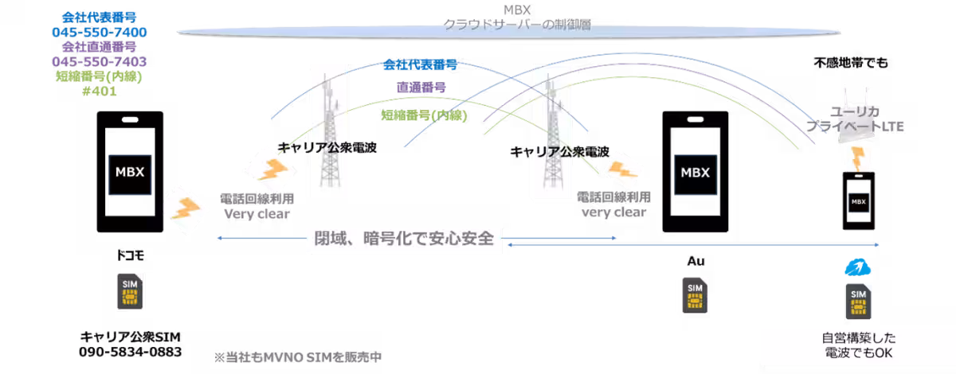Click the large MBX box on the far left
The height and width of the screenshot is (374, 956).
click(x=129, y=173)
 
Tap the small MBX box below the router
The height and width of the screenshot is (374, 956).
click(x=858, y=202)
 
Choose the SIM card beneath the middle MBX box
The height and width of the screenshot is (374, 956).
click(x=695, y=296)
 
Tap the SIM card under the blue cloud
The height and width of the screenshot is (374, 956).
click(x=859, y=302)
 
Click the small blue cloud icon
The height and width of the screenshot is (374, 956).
click(x=856, y=267)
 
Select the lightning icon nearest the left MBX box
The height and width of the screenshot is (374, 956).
click(x=185, y=209)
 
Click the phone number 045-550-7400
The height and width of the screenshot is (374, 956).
click(x=100, y=32)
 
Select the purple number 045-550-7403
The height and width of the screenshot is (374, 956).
click(x=100, y=61)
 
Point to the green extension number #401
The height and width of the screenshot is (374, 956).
click(x=100, y=91)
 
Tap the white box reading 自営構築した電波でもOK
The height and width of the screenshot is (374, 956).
click(x=858, y=346)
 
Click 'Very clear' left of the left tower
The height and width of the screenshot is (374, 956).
click(x=257, y=213)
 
